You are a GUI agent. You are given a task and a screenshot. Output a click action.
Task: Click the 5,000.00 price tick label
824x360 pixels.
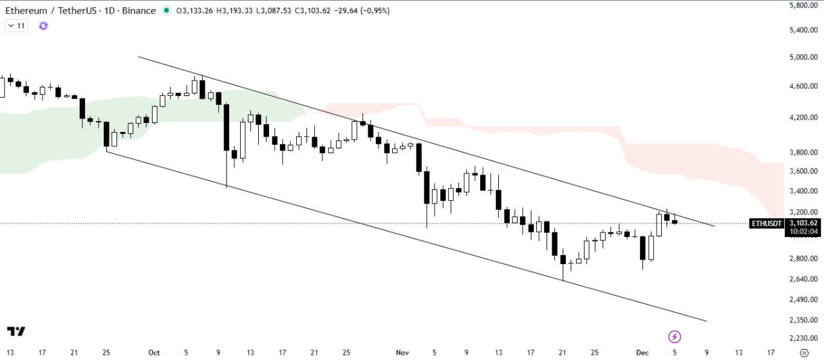tap(802, 57)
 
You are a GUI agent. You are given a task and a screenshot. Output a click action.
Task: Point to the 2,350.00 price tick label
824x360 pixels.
tap(802, 320)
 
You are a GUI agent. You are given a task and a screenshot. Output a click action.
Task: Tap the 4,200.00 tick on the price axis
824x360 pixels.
tap(802, 118)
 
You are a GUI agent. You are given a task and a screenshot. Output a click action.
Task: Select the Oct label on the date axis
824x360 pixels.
tap(153, 352)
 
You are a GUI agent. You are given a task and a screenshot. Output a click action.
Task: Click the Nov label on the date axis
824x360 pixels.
tap(402, 352)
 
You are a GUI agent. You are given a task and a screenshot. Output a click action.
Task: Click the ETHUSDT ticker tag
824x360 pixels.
tap(767, 223)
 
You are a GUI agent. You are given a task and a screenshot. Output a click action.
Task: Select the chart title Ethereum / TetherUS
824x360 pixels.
tap(43, 11)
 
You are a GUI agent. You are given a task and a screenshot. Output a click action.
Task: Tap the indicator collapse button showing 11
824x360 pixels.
tap(16, 26)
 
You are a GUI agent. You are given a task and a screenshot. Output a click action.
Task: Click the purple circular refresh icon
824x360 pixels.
tap(43, 26)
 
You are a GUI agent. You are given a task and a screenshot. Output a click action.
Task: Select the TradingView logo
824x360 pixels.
tap(16, 331)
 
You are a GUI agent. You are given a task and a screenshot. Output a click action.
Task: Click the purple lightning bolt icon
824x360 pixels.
tap(675, 336)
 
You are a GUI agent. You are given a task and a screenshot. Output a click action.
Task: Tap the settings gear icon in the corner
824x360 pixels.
tap(803, 352)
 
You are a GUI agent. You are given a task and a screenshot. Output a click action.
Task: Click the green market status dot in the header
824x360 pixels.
tap(167, 10)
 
